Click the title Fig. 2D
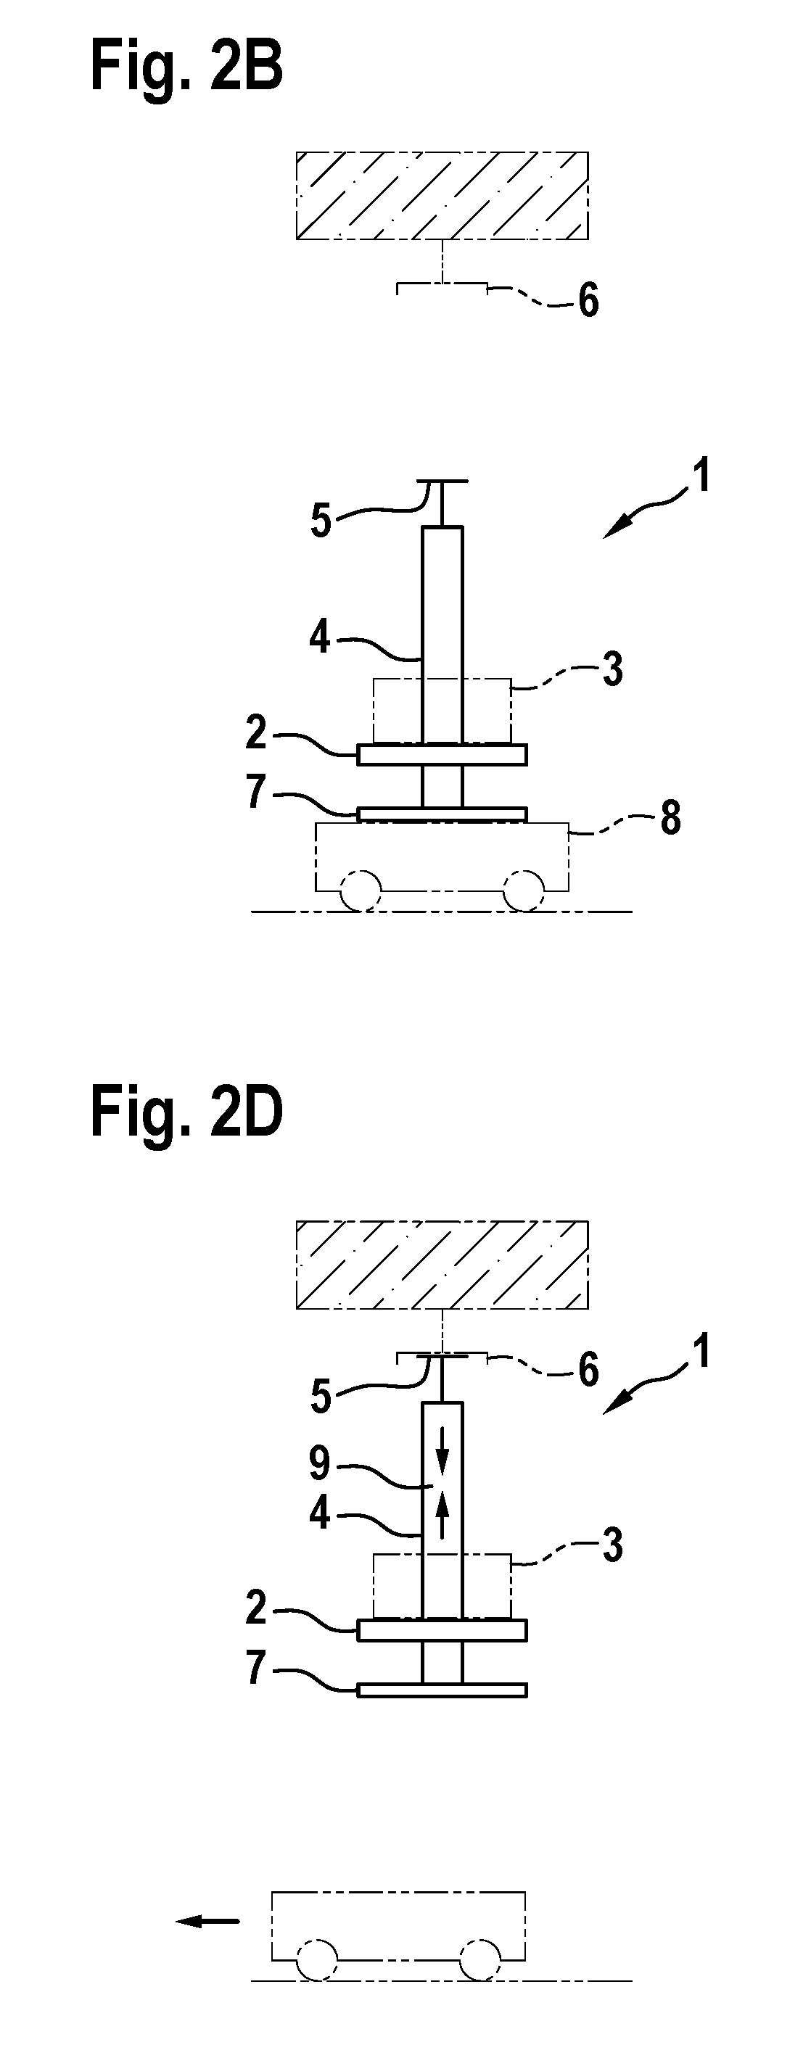pos(186,1114)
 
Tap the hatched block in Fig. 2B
pos(442,195)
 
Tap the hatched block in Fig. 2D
pos(442,1265)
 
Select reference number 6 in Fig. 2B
pos(589,301)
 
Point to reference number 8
pos(670,818)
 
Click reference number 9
pos(320,1463)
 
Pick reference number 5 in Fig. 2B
pos(321,521)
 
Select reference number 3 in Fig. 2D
pos(612,1546)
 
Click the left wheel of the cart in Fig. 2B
pos(361,890)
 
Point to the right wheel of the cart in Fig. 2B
pos(525,890)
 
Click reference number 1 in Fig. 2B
pos(700,478)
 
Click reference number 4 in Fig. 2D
pos(320,1513)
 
